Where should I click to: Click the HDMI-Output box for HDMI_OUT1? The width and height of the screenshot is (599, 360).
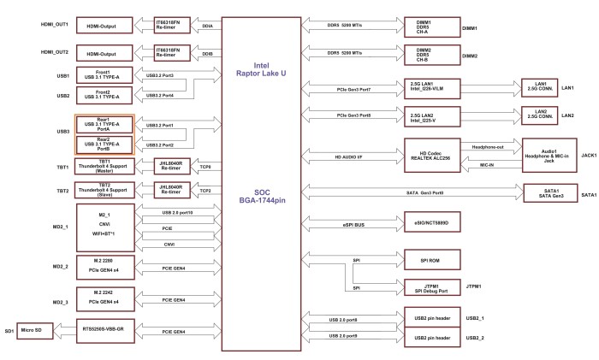104,26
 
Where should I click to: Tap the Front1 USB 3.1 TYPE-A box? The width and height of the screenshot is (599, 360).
104,74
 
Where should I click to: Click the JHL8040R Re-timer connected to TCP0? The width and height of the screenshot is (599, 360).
174,165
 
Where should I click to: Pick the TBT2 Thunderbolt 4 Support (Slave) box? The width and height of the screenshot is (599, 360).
104,188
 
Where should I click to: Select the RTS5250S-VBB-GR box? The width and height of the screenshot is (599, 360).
104,330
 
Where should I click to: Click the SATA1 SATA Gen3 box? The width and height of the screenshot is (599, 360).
551,193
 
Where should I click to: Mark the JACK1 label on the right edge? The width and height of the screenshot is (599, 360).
589,156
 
